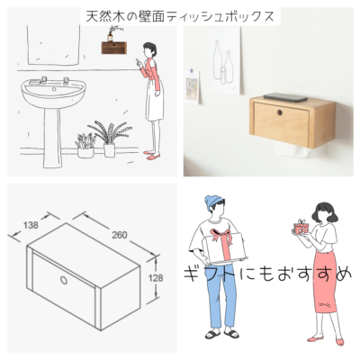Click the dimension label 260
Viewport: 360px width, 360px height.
coord(119,235)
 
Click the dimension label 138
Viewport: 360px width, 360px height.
coord(31,225)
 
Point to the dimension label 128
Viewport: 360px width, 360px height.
coord(156,278)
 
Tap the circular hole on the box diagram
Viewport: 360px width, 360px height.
coord(64,280)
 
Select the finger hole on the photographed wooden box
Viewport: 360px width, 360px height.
coord(280,112)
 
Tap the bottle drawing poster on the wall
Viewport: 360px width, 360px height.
coord(223,60)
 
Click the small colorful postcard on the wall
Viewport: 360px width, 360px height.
coord(192,86)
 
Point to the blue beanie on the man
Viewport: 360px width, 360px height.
coord(213,202)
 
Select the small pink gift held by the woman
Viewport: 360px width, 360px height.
coord(300,227)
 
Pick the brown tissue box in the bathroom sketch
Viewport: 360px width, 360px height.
coord(113,48)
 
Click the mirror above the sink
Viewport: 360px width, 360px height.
coord(54,45)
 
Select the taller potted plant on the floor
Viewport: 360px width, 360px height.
coord(109,139)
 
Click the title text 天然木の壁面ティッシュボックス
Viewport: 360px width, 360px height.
coord(180,16)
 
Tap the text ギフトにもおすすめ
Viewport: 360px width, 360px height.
coord(267,274)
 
